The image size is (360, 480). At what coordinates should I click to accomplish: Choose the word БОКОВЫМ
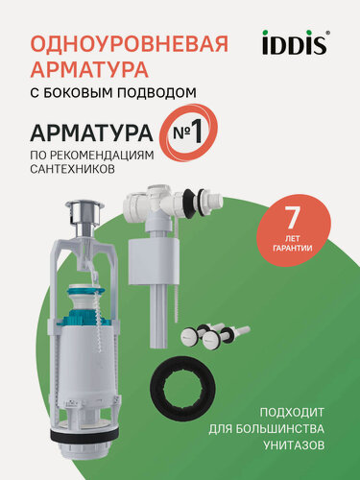click(x=89, y=92)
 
